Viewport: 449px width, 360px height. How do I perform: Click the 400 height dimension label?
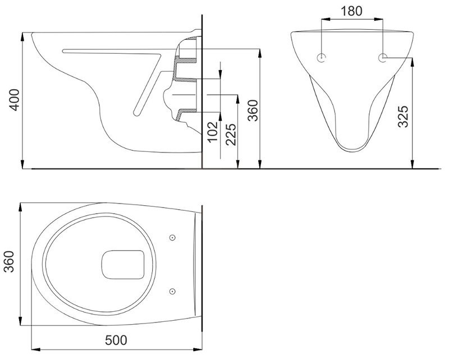point(15,100)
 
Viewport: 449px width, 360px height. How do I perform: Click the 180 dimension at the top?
point(351,11)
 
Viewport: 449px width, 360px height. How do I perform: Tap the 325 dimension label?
point(403,116)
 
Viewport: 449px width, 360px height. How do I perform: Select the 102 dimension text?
point(213,132)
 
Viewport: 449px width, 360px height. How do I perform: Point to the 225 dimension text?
point(231,134)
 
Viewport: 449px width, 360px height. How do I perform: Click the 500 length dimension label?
point(116,340)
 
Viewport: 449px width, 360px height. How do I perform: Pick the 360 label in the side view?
point(253,110)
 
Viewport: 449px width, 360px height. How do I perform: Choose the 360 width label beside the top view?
point(9,261)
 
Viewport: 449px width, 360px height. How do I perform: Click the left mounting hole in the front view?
point(322,58)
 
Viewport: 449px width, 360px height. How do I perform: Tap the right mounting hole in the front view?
point(383,58)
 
